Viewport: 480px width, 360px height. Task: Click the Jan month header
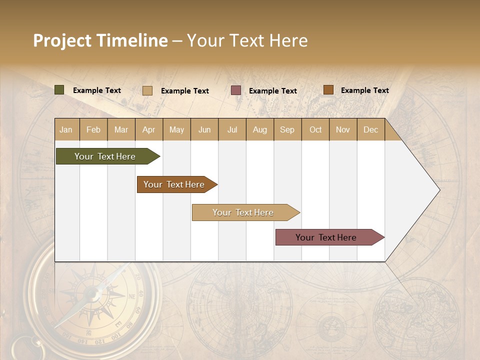pos(66,129)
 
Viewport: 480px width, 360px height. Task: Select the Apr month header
pos(149,129)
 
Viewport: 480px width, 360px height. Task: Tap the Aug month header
pos(259,129)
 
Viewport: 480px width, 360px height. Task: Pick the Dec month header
pos(370,129)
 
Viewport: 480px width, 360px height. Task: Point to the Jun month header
pos(204,129)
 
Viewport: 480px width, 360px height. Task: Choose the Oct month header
pos(315,129)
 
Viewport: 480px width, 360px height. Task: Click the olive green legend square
pos(59,90)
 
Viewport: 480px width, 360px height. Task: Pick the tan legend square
pos(147,90)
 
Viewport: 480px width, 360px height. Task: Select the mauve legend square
pos(236,90)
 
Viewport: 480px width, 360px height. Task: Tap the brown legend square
pos(328,90)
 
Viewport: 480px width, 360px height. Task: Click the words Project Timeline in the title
pos(100,40)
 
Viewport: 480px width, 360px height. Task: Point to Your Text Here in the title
pos(247,40)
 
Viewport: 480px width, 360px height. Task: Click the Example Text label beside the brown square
pos(364,90)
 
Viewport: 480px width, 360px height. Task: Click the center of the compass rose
pos(92,295)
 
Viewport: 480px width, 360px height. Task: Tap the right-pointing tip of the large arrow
pos(439,190)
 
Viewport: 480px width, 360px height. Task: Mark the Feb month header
pos(93,129)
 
